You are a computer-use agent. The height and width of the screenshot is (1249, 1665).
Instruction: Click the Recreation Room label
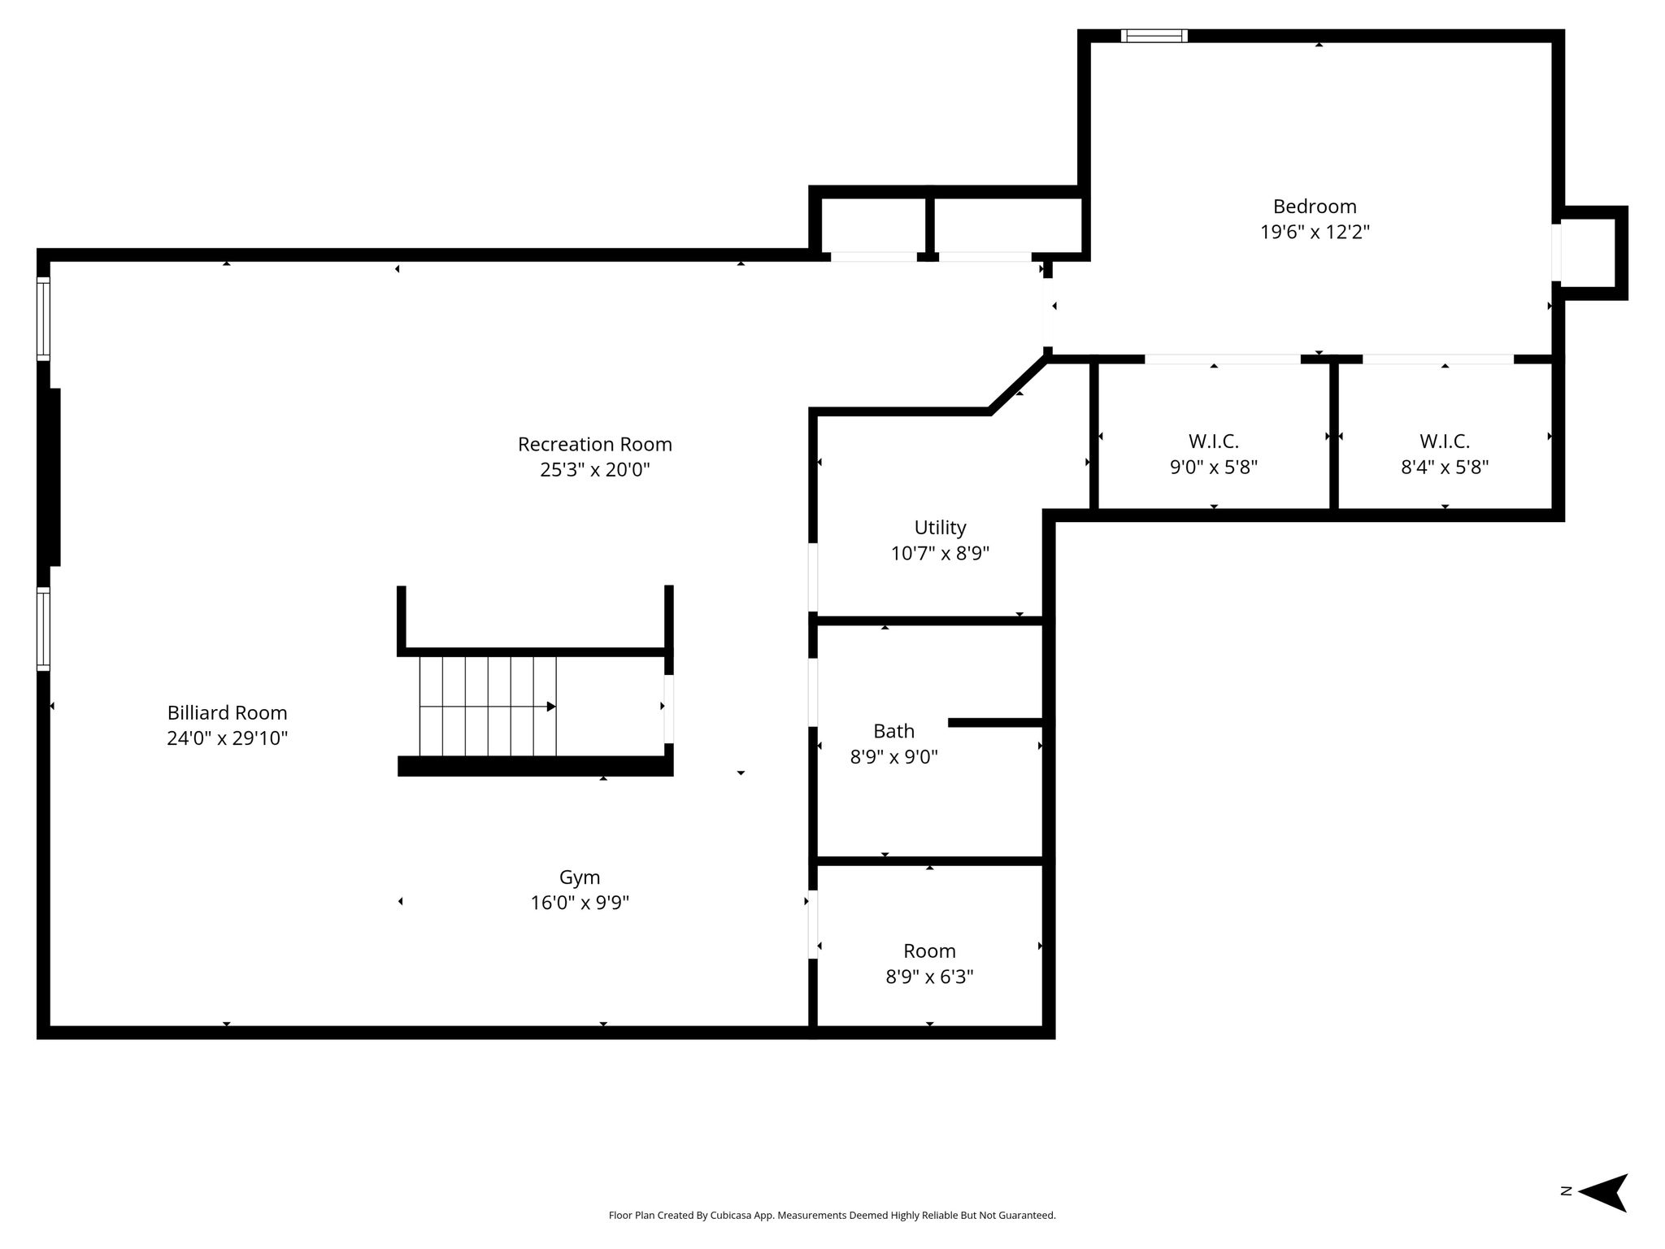595,444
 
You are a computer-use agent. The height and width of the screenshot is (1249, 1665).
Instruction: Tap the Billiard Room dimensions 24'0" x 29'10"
228,738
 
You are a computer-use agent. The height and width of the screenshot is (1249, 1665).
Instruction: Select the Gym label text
580,877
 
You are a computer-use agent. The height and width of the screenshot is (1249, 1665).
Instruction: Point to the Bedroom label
1315,207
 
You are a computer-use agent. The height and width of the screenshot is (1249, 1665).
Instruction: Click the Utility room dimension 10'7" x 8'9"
940,554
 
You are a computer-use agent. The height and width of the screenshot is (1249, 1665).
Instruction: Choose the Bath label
893,731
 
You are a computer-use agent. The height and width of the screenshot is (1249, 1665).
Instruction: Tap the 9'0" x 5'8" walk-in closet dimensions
1214,468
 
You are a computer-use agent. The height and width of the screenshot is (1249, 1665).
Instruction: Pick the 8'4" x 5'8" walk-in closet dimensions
1445,468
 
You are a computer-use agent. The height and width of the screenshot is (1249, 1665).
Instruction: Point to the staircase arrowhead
551,707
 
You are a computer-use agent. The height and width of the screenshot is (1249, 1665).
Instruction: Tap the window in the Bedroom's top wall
1154,36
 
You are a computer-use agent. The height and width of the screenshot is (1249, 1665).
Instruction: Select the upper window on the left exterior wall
44,319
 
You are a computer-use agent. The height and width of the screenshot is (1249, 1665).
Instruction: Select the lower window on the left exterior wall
44,629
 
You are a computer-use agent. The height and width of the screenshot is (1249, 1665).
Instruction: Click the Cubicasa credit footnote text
832,1216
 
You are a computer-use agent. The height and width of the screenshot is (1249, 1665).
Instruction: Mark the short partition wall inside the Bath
996,722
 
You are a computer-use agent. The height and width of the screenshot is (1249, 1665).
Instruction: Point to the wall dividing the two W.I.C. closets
1333,436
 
